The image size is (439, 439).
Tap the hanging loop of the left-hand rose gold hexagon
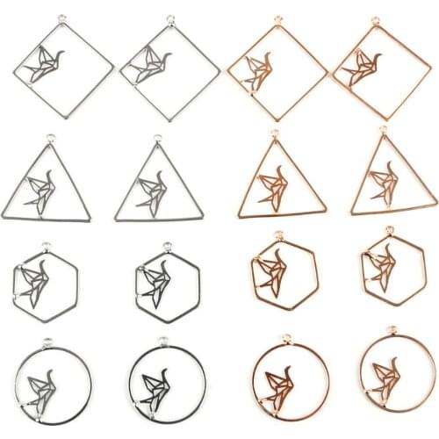pyautogui.click(x=277, y=234)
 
